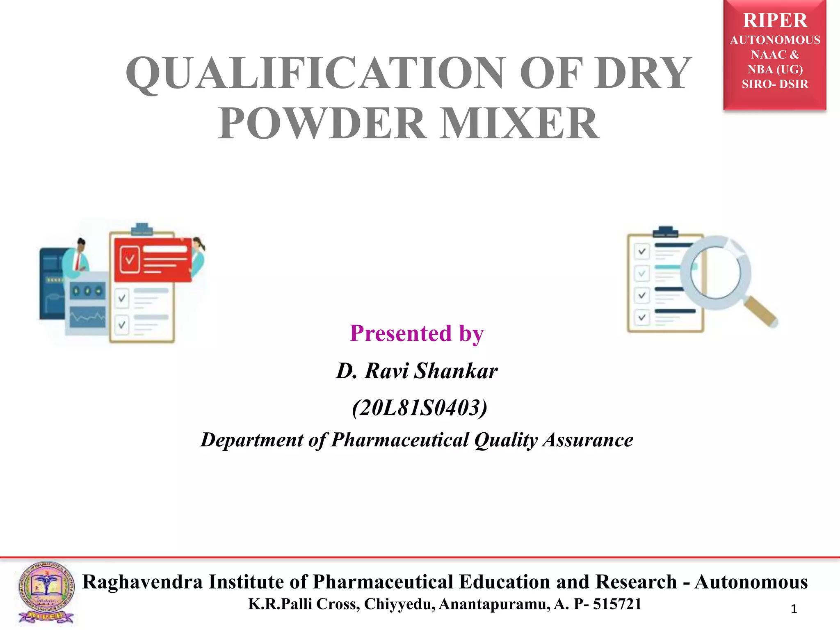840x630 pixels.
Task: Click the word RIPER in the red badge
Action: pos(775,21)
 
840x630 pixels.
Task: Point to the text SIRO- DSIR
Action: pos(775,84)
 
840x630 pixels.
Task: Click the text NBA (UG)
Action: pos(775,69)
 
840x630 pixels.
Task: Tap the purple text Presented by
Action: pos(417,333)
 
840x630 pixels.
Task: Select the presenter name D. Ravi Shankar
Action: pos(417,371)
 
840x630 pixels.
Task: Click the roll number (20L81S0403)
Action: pos(420,408)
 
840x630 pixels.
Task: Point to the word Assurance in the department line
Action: pos(588,440)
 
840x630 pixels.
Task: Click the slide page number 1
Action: pos(794,609)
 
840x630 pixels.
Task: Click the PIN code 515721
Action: pos(617,604)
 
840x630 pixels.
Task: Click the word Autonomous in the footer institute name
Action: pos(751,582)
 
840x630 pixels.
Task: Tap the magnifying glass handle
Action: pos(761,312)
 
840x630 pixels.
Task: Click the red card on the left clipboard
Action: pos(153,259)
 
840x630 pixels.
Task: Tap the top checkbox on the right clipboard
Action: pos(642,251)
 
